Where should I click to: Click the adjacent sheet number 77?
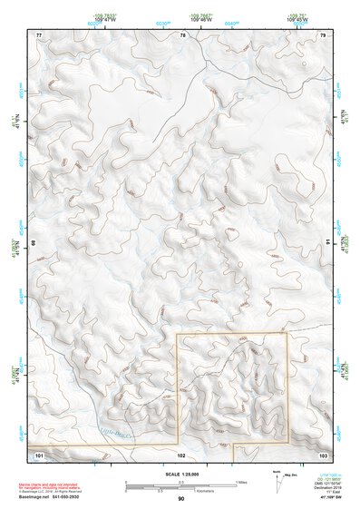coord(39,34)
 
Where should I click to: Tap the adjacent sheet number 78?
coord(182,34)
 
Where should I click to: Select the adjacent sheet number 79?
coord(323,34)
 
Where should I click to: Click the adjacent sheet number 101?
coord(39,452)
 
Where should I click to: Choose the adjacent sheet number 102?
coord(181,452)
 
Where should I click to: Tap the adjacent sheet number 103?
coord(323,452)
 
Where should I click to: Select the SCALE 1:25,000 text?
coord(181,474)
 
